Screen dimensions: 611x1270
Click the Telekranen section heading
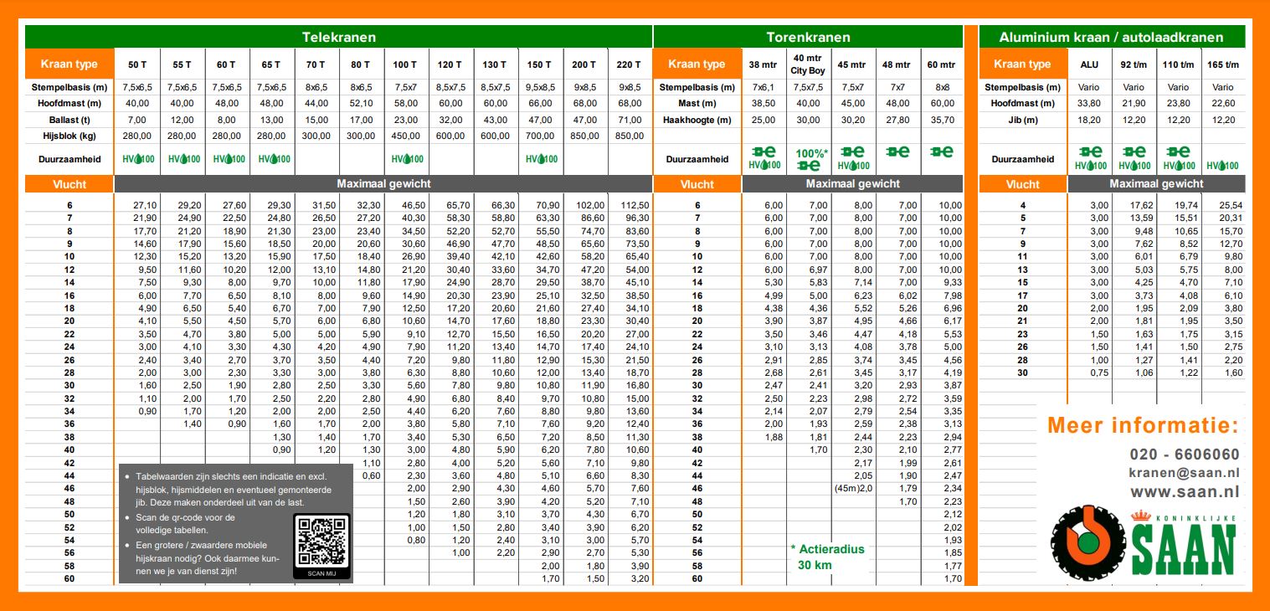(x=338, y=37)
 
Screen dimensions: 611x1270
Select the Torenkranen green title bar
(x=808, y=37)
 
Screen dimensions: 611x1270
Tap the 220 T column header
(x=629, y=64)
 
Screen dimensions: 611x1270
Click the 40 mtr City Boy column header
(x=809, y=64)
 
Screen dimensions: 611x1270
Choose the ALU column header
(x=1089, y=64)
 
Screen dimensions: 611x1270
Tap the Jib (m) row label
(x=1022, y=119)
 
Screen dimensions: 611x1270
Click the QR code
(x=321, y=542)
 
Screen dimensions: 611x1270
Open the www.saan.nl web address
(x=1184, y=492)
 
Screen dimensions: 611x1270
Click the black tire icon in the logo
(x=1087, y=543)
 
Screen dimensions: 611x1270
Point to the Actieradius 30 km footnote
(x=827, y=557)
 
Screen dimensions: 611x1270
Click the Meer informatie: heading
(x=1142, y=425)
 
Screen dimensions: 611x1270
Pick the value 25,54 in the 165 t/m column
(x=1227, y=205)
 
